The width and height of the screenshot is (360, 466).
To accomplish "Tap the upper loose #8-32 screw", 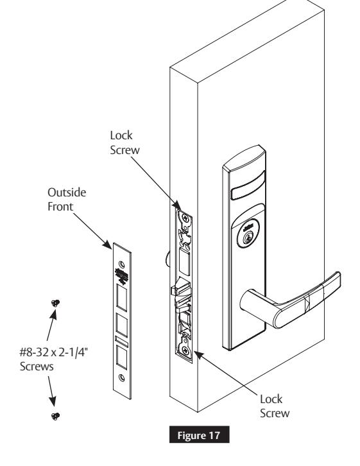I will [x=56, y=302].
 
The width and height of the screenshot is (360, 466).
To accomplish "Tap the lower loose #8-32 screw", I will [x=56, y=416].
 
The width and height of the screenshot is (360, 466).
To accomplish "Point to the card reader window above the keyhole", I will [x=251, y=191].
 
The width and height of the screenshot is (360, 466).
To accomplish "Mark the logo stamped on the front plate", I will [x=121, y=275].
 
